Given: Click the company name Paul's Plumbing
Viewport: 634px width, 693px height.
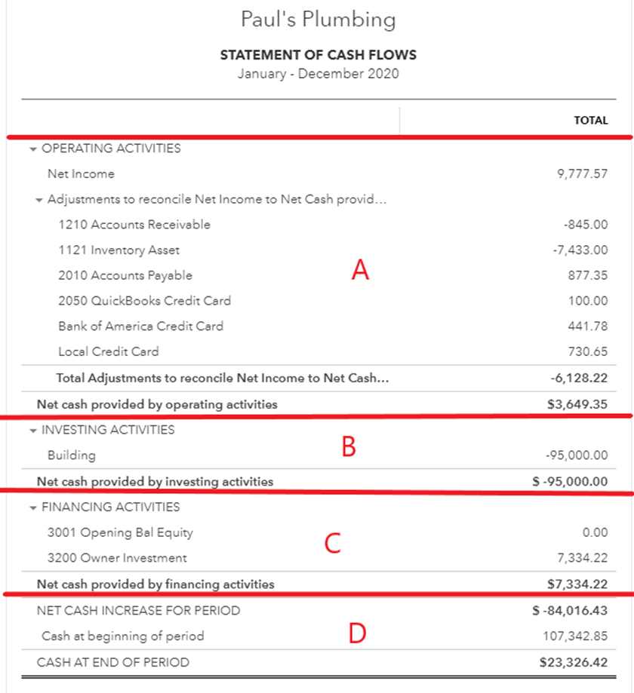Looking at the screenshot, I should pyautogui.click(x=318, y=19).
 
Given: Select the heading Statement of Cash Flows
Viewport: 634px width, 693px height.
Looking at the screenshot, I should pyautogui.click(x=318, y=55).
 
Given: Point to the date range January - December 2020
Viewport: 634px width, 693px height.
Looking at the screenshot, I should pyautogui.click(x=318, y=74).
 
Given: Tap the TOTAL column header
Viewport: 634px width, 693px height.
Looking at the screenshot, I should pyautogui.click(x=590, y=120).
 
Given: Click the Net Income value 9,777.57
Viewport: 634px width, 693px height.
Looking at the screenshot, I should pyautogui.click(x=581, y=174).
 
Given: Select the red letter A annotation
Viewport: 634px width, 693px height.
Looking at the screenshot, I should pyautogui.click(x=361, y=270).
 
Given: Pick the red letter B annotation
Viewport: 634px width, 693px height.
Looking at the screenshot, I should pyautogui.click(x=348, y=447).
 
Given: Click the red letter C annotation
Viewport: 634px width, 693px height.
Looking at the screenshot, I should pyautogui.click(x=333, y=543).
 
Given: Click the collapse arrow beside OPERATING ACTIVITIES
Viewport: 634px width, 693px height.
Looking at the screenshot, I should pyautogui.click(x=32, y=149).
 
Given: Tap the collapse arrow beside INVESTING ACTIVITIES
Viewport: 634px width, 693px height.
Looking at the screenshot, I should pyautogui.click(x=32, y=431).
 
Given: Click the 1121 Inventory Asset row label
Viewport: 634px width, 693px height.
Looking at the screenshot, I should pyautogui.click(x=118, y=250).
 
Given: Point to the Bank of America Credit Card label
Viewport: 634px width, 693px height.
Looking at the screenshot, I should pyautogui.click(x=140, y=327).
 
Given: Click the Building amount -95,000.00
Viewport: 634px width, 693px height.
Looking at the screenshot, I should pyautogui.click(x=576, y=455).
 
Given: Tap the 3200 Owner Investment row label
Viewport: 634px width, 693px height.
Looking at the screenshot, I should pyautogui.click(x=117, y=558).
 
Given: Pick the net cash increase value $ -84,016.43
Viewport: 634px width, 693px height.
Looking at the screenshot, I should pyautogui.click(x=569, y=611).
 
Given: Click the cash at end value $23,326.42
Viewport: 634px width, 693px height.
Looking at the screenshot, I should pyautogui.click(x=573, y=663).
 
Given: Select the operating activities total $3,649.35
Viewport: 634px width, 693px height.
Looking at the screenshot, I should pyautogui.click(x=577, y=404).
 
